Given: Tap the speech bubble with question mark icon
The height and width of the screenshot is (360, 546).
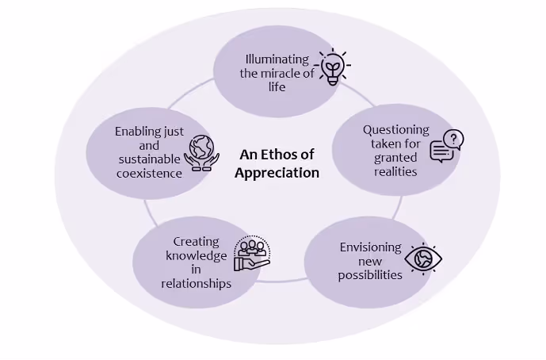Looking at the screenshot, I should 447,147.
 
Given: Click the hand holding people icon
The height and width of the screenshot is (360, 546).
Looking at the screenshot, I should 252,254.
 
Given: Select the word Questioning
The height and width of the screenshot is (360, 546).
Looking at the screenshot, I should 396,129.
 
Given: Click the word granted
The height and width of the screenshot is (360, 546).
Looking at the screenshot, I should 395,157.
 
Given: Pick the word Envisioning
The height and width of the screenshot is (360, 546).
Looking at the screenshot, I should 371,247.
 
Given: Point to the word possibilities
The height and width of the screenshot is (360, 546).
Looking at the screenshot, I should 370,275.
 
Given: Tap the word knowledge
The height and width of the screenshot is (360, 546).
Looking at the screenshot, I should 196,255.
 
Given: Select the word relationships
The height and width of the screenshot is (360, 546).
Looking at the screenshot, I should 197,282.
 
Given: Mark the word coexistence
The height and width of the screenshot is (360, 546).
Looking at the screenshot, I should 149,173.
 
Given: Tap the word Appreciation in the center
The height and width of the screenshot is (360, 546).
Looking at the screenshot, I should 277,172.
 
